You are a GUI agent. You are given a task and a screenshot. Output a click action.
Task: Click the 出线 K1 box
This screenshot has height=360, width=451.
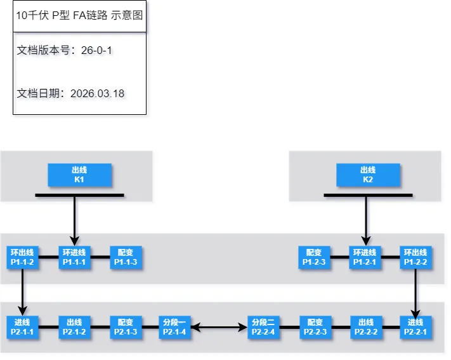79,175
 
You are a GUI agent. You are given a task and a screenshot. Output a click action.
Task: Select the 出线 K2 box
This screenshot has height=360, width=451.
368,175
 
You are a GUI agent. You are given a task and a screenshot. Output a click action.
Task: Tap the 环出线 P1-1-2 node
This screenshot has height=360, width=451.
22,257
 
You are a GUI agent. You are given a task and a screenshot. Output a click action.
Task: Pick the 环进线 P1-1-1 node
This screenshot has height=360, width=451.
74,257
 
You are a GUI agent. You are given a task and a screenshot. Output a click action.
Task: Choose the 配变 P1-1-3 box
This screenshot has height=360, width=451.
126,257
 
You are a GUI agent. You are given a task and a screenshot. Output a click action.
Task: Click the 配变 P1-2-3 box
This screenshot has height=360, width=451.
314,257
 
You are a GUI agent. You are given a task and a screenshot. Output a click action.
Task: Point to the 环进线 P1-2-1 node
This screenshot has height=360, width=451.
365,257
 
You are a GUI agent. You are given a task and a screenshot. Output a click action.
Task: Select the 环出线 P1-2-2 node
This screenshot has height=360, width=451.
416,257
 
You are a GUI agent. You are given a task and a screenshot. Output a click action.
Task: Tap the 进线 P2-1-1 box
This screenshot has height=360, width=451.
22,327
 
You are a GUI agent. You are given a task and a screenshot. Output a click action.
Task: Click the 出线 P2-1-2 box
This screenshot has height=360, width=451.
74,327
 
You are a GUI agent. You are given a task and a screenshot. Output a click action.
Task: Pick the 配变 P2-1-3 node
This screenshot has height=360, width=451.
126,327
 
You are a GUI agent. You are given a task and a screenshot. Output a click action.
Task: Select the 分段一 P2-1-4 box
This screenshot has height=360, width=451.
174,327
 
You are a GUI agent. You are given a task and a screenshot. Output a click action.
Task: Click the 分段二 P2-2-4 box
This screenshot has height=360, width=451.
263,327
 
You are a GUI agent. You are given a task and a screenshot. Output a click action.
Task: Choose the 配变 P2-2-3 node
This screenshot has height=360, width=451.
314,327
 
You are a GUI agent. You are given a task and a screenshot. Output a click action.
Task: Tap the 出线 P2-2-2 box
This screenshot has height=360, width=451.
365,327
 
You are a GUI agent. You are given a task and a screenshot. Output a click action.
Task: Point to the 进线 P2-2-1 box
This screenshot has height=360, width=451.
416,327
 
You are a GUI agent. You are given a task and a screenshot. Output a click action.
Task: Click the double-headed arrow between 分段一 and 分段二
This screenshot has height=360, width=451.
218,328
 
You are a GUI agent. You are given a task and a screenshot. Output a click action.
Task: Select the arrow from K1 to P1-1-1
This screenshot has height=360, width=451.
75,219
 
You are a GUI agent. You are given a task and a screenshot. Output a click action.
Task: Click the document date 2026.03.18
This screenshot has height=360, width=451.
97,93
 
